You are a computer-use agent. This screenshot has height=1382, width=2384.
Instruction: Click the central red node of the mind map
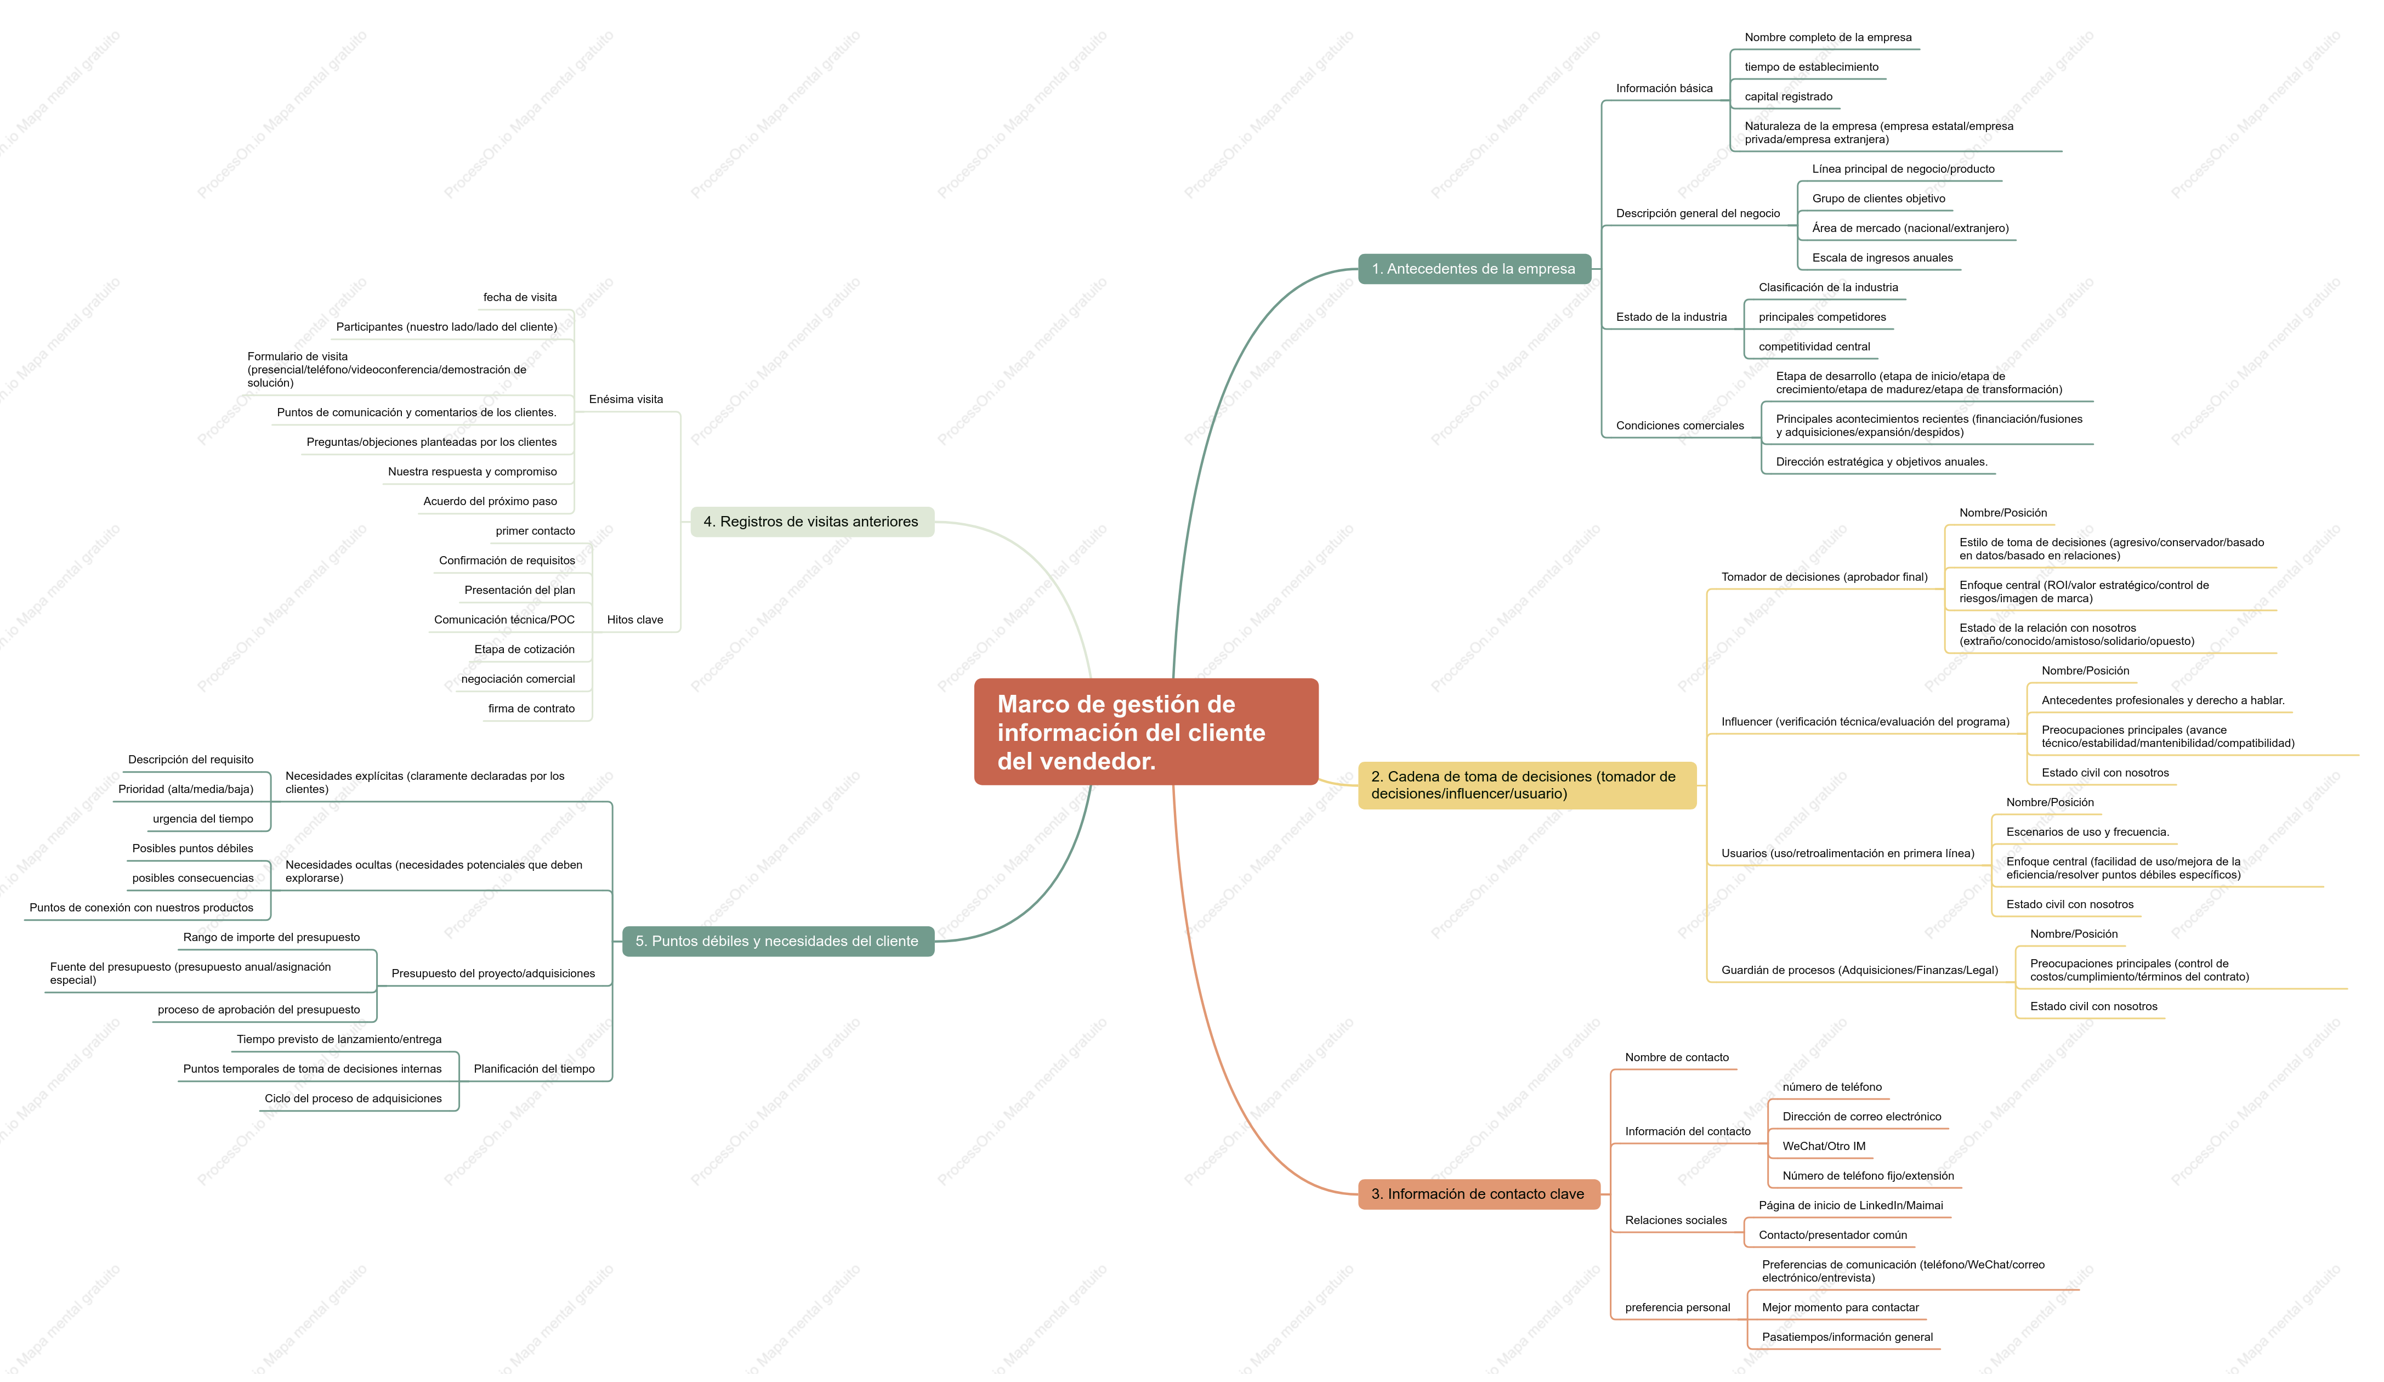pyautogui.click(x=1145, y=731)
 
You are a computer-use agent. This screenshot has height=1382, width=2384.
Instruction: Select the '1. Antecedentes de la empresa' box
pyautogui.click(x=1474, y=269)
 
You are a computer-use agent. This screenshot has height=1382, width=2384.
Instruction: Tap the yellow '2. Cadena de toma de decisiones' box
pyautogui.click(x=1527, y=785)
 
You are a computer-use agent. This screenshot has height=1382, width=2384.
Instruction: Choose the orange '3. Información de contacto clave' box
pyautogui.click(x=1479, y=1194)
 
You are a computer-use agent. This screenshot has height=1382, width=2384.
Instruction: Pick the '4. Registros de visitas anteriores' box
pyautogui.click(x=811, y=521)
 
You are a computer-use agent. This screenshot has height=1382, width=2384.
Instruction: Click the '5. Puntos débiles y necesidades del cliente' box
pyautogui.click(x=777, y=941)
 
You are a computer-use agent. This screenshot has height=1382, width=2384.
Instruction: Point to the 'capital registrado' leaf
pyautogui.click(x=1788, y=97)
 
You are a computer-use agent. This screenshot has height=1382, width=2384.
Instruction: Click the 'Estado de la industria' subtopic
pyautogui.click(x=1671, y=317)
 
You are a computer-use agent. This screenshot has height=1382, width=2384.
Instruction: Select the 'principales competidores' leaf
pyautogui.click(x=1822, y=317)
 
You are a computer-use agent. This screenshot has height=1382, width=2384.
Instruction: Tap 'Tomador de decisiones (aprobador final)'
pyautogui.click(x=1824, y=577)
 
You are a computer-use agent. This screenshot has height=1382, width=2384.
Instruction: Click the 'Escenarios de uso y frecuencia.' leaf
pyautogui.click(x=2087, y=832)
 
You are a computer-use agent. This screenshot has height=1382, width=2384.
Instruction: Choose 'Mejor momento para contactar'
pyautogui.click(x=1840, y=1307)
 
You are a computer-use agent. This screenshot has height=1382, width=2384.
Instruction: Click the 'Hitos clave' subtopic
pyautogui.click(x=635, y=620)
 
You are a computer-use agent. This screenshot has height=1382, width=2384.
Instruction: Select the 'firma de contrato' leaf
pyautogui.click(x=532, y=709)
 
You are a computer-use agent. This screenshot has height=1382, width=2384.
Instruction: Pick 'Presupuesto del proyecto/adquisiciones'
pyautogui.click(x=493, y=973)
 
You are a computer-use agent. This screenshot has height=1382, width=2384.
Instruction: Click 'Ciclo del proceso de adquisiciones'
pyautogui.click(x=353, y=1098)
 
